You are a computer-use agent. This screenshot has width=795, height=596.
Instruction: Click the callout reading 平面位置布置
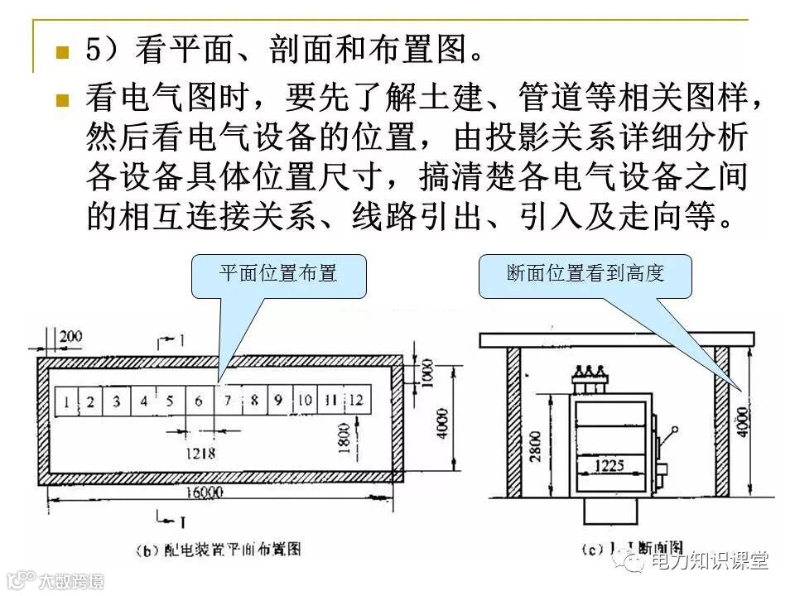278,274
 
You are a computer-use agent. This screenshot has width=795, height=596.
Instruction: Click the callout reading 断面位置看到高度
585,274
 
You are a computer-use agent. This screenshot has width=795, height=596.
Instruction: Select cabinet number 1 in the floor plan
65,402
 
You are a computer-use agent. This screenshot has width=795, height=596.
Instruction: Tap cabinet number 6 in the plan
199,402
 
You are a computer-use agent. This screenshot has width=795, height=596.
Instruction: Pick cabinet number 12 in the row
355,401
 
